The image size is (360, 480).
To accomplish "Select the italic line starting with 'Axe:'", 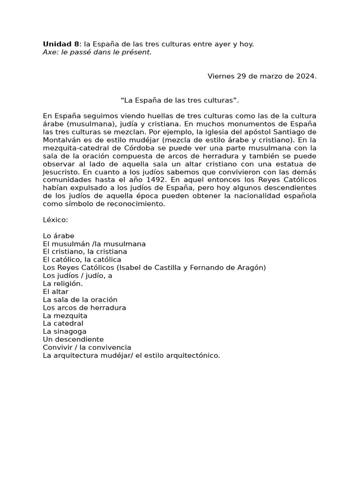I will point(97,52).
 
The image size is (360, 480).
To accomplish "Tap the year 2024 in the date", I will point(306,76).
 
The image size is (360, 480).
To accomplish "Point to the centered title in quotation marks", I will point(180,100).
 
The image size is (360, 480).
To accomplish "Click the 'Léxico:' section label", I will point(55,219).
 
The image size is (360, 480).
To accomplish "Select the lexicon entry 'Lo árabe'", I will point(59,236).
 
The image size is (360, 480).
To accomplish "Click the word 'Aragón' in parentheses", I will point(252,268).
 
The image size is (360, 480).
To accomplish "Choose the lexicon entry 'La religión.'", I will point(63,284).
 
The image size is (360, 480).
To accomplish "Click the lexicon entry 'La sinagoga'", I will point(65,331).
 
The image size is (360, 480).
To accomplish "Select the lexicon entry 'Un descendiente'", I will point(73,339).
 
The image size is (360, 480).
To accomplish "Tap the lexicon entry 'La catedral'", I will point(63,323).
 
